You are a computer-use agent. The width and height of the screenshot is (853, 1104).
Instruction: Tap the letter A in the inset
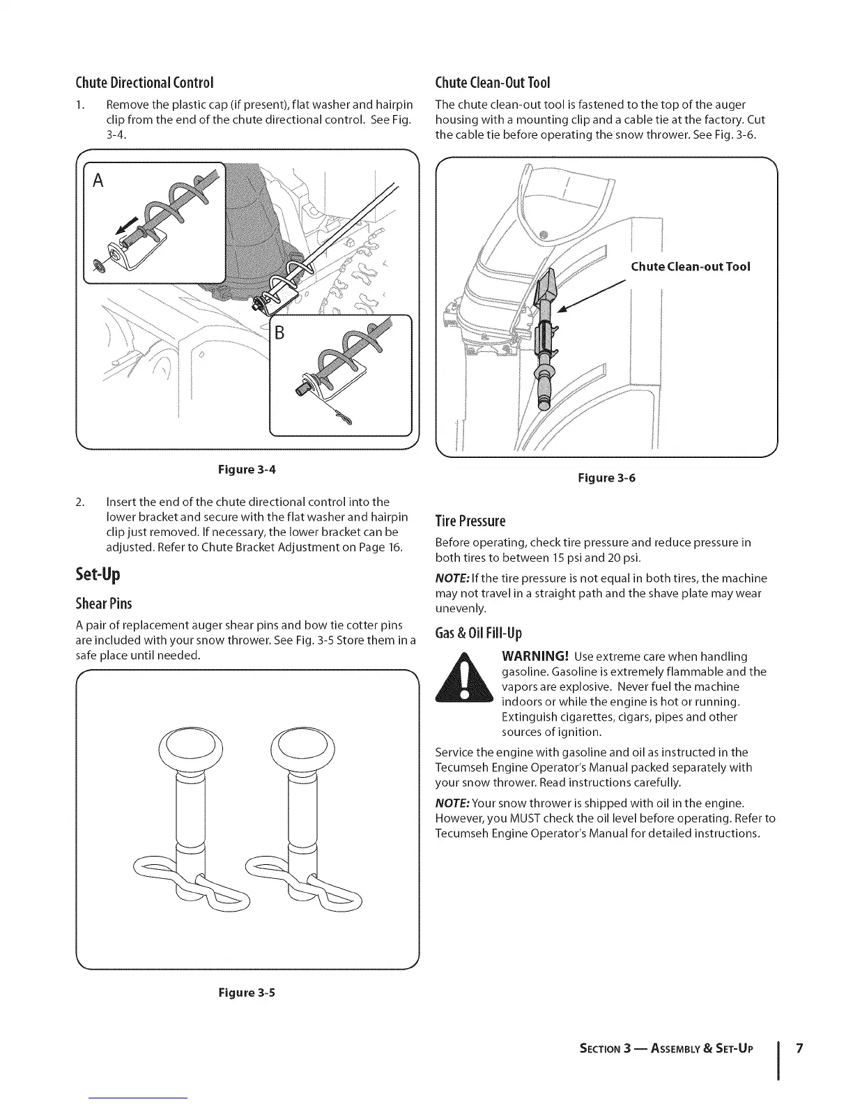click(x=98, y=181)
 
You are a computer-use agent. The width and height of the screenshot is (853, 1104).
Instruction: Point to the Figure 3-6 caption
click(x=607, y=478)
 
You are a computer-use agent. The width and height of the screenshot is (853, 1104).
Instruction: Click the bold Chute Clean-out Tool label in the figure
click(x=690, y=266)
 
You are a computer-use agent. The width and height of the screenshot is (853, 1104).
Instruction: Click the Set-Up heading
click(x=98, y=574)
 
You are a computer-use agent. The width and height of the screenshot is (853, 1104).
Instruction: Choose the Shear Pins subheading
click(x=103, y=603)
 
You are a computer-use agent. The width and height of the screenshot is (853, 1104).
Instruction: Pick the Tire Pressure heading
click(x=470, y=521)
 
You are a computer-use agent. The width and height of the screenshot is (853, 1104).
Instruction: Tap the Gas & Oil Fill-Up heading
click(x=478, y=634)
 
